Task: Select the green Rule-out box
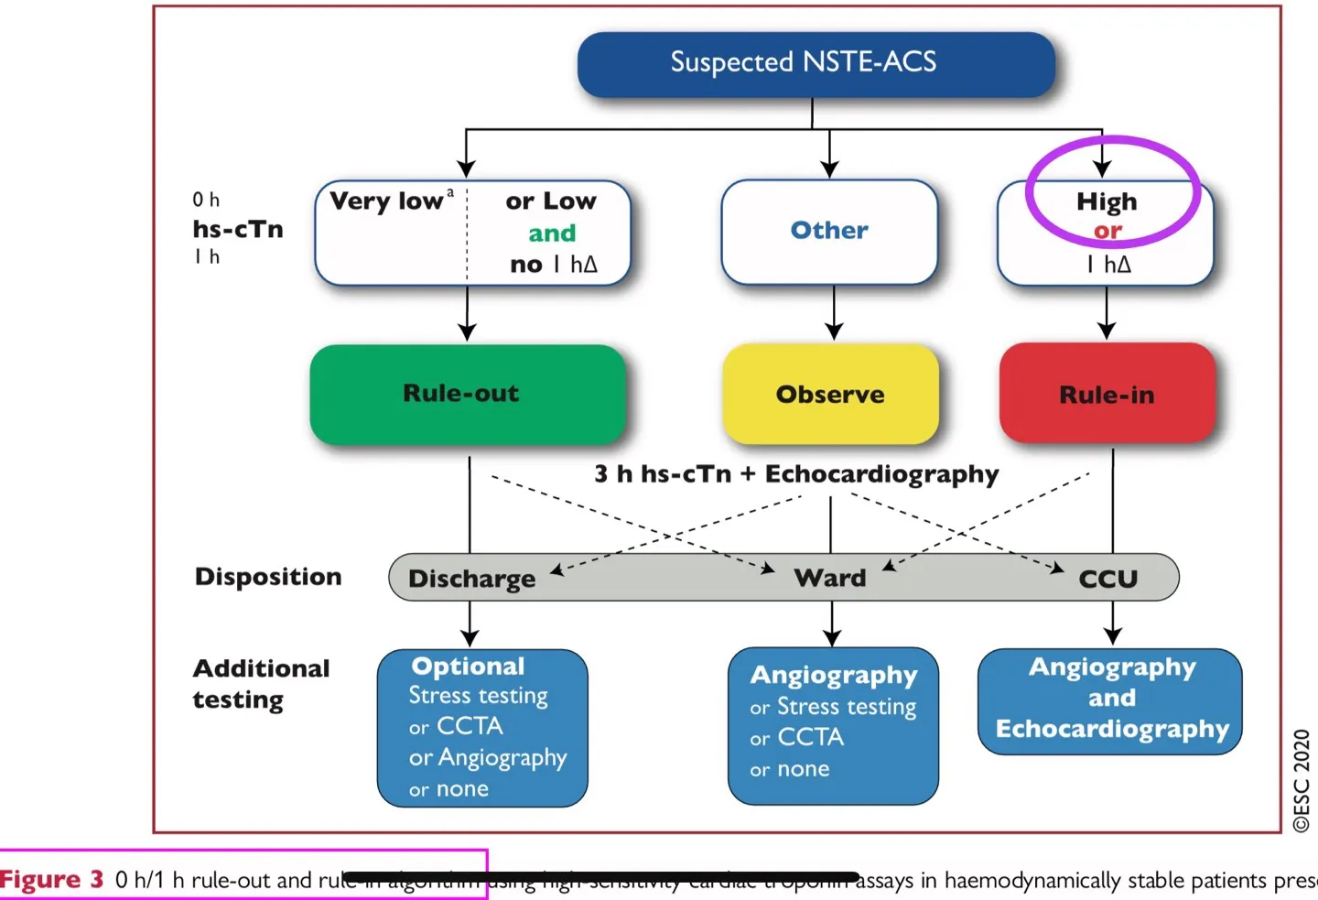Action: click(467, 394)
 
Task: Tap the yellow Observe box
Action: click(830, 395)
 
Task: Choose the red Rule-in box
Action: click(1107, 395)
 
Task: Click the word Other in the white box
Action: click(829, 230)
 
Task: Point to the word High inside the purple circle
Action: click(1107, 201)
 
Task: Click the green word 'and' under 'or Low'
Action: click(552, 233)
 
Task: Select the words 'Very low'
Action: click(386, 201)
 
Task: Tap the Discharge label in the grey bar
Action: click(471, 579)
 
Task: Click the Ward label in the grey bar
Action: click(830, 578)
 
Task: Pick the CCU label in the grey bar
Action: click(1107, 579)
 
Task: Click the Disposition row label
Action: click(268, 577)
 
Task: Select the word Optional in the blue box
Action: click(468, 667)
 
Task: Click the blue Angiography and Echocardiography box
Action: click(1110, 700)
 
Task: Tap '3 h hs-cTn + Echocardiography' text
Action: click(796, 474)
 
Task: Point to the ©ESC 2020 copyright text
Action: click(1302, 780)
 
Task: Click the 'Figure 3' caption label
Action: click(52, 880)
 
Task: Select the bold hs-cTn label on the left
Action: click(238, 229)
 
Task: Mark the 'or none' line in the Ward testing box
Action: click(790, 769)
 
